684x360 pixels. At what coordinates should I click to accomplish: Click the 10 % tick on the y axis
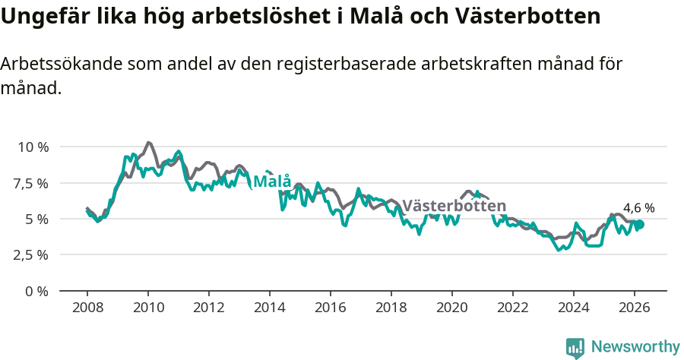32,147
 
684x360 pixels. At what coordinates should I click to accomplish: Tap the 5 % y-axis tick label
36,219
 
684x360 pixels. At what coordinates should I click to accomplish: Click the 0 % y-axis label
36,291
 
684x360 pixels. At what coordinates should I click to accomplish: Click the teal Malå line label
272,182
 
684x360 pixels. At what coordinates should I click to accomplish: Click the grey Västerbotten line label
454,206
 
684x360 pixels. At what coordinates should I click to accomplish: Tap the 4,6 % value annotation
638,207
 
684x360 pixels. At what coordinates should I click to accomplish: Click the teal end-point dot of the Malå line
640,224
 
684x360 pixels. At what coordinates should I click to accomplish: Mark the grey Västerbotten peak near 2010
148,142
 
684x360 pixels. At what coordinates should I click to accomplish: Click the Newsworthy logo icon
575,348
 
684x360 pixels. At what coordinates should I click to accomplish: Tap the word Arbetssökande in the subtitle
57,65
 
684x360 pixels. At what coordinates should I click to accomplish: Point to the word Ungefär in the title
43,16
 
